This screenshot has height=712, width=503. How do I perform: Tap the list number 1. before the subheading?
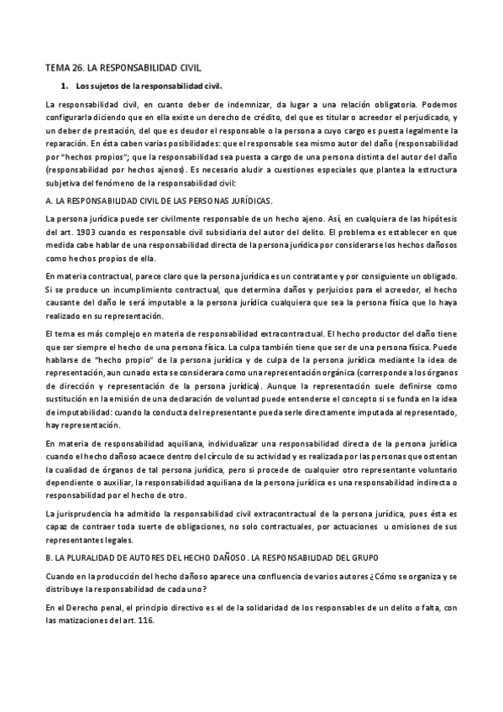[x=63, y=85]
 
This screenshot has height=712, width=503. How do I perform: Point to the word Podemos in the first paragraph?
[x=438, y=104]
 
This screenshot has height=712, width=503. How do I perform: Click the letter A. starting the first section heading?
[x=49, y=202]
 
